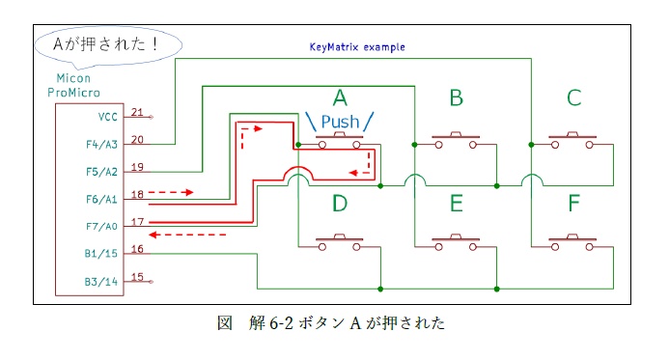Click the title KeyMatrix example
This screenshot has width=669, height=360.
[356, 46]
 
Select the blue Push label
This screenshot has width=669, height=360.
[339, 122]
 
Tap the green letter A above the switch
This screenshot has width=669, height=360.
[339, 97]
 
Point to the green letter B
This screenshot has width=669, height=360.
[456, 97]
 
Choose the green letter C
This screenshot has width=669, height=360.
[573, 97]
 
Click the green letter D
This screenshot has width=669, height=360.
[339, 205]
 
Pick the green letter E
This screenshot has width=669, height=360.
[456, 205]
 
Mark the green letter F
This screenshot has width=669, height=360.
[573, 205]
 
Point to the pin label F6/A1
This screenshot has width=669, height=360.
[99, 199]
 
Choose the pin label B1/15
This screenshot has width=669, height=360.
[99, 255]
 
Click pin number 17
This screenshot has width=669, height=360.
[137, 221]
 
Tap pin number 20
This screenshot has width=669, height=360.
[137, 139]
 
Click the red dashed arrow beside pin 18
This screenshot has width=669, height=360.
[174, 193]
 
